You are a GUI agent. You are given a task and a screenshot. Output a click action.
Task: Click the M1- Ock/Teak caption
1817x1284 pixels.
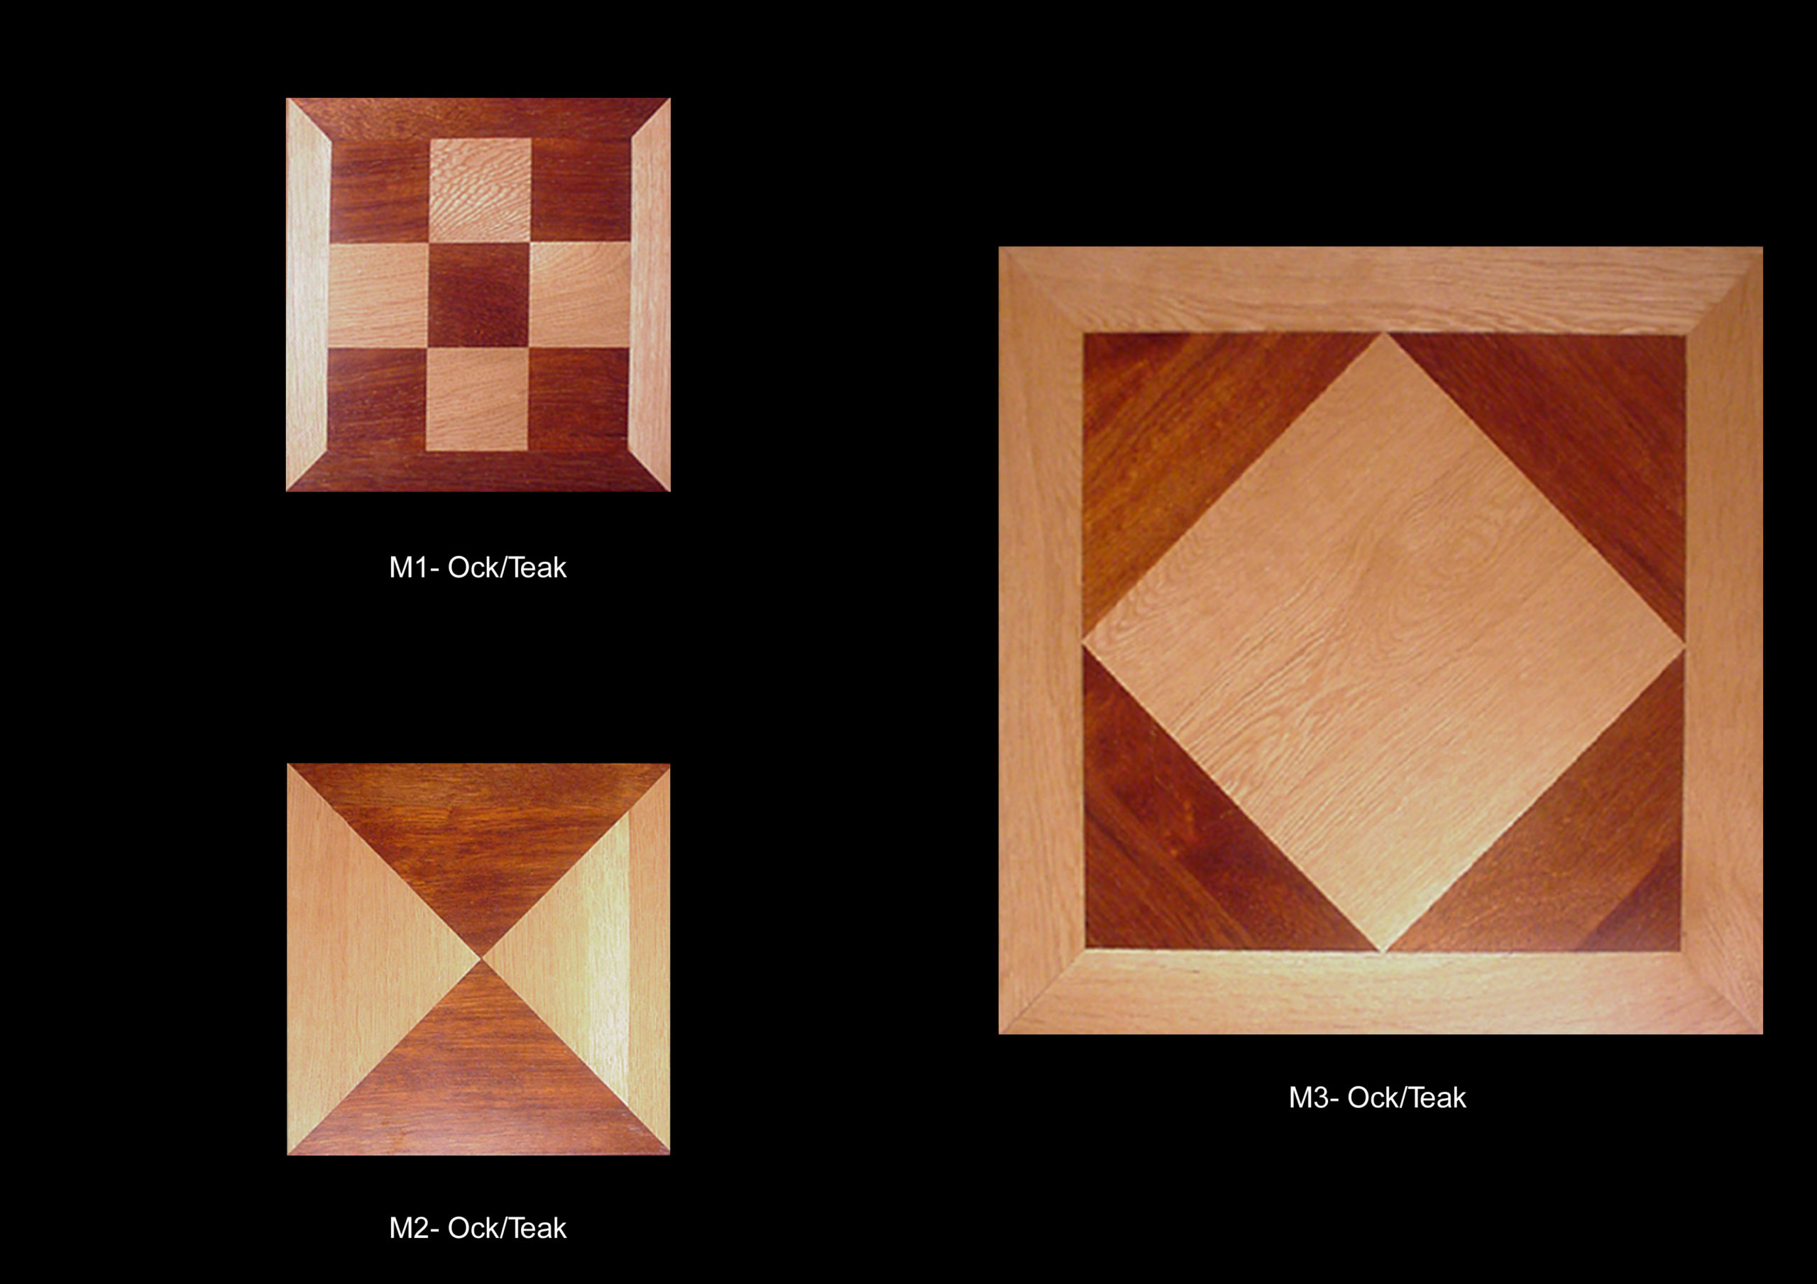point(477,568)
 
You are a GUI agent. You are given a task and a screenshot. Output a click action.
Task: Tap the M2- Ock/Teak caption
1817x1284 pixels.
point(477,1228)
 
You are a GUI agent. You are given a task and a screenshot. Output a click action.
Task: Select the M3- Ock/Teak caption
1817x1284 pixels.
point(1377,1097)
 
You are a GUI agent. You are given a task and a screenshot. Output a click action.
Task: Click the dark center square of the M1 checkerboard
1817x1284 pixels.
point(479,294)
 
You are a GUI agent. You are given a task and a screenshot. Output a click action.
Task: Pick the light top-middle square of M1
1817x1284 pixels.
point(481,191)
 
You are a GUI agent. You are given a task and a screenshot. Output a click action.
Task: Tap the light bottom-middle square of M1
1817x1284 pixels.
point(477,399)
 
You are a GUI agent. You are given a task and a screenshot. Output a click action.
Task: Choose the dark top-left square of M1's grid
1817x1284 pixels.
point(380,192)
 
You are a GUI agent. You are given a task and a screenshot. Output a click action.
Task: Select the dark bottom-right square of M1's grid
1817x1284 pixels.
point(578,399)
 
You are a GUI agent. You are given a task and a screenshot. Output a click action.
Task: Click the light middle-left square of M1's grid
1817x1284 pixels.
point(378,294)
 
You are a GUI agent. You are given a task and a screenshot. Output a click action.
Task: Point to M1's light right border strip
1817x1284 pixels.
point(651,294)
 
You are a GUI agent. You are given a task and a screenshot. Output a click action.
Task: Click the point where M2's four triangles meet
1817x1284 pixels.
point(481,959)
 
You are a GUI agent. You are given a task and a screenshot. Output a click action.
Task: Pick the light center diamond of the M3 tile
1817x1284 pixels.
point(1383,641)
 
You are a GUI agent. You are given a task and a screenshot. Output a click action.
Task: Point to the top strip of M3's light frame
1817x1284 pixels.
point(1380,289)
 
